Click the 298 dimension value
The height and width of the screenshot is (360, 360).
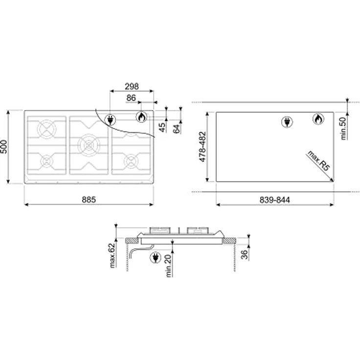pos(131,86)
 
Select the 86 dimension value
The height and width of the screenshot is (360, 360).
pos(131,98)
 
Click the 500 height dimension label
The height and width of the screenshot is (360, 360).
pos(4,148)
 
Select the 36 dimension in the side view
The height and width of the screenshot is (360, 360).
pos(245,255)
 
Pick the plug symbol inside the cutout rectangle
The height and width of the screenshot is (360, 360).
pos(287,121)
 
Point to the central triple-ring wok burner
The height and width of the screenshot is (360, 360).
pos(89,145)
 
